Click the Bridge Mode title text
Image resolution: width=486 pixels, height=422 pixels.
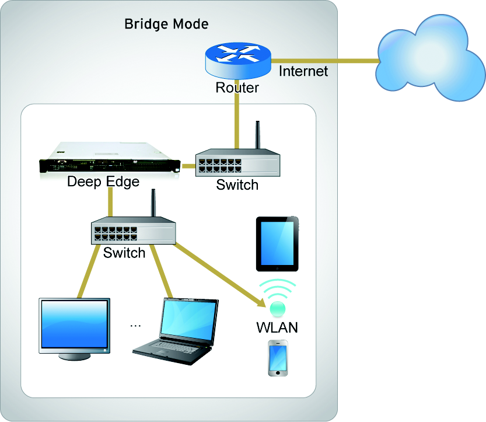[166, 25]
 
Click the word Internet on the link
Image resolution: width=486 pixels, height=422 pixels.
[303, 71]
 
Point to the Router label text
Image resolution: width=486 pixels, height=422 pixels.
[237, 88]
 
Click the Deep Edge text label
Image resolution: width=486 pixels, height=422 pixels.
[103, 182]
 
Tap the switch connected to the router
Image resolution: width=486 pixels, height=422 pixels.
[237, 163]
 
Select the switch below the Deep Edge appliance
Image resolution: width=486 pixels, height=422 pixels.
[133, 232]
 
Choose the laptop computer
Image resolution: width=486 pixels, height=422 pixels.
[176, 327]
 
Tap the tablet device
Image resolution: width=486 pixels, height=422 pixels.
[277, 244]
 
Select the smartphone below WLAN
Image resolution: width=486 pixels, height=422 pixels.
[278, 357]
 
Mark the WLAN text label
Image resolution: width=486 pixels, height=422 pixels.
[277, 327]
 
